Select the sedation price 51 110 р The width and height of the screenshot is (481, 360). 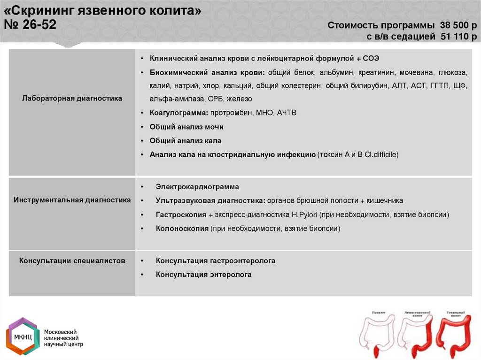point(458,37)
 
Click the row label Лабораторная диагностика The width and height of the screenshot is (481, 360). point(72,99)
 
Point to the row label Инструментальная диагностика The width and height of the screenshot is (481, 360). point(72,200)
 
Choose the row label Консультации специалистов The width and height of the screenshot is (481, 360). point(72,260)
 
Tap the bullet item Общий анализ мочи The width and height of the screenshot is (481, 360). point(186,127)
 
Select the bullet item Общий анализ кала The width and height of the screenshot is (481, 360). point(185,140)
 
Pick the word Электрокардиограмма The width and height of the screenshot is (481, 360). point(197,187)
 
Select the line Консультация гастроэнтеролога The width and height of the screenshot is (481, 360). point(216,260)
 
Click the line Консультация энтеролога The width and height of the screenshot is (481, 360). point(203,275)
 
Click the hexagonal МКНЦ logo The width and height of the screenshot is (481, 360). point(23,337)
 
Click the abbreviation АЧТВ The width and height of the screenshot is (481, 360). point(287,113)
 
